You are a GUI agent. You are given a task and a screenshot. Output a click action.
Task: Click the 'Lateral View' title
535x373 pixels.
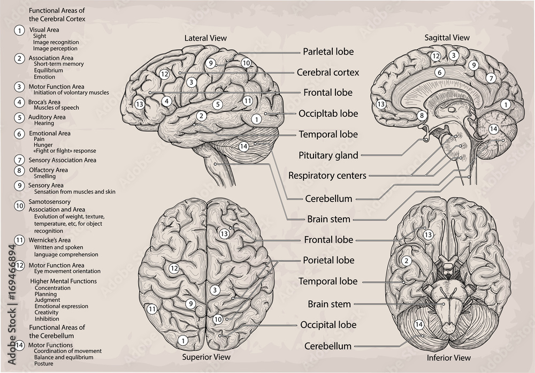pos(205,38)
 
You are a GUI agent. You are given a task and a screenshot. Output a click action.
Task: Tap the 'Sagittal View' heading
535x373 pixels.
pos(447,37)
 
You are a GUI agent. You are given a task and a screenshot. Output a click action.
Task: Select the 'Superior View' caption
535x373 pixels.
pos(206,356)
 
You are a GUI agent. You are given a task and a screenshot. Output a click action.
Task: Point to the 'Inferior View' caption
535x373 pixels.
pos(448,357)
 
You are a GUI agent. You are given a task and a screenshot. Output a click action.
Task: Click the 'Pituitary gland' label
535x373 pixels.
pos(328,156)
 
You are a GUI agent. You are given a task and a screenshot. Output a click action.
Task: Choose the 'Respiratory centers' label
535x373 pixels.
pos(327,175)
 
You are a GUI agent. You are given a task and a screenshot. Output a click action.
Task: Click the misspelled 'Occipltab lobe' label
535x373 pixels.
pos(328,113)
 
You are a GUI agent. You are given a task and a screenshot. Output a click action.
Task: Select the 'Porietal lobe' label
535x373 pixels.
pos(328,261)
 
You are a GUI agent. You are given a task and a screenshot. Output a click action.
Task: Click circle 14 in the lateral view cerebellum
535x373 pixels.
pos(244,147)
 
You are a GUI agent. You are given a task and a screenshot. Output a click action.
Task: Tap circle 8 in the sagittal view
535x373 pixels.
pos(422,115)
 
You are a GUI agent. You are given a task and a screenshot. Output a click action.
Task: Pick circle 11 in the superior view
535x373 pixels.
pos(152,309)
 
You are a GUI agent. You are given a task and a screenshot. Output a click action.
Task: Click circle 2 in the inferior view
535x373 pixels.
pos(407,261)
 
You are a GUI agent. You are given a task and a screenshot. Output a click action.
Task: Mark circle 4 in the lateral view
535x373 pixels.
pos(167,101)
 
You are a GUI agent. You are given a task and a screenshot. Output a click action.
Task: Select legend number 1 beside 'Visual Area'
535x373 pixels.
pos(20,31)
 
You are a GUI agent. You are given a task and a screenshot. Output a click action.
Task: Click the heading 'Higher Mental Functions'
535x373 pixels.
pos(63,281)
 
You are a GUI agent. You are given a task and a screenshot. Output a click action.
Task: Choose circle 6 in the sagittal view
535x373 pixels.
pos(439,72)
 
